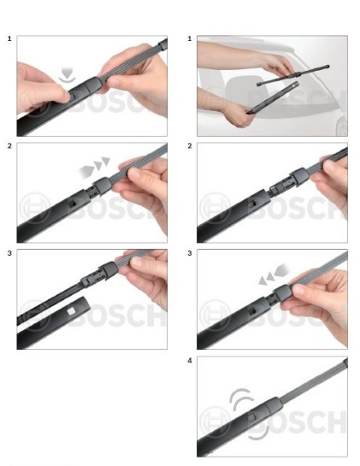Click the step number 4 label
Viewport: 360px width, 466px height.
[190, 361]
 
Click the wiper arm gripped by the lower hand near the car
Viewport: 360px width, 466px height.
[273, 97]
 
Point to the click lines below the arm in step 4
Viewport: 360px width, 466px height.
[259, 432]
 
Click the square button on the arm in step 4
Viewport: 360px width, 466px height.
[251, 417]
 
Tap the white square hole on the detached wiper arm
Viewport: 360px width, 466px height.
[71, 311]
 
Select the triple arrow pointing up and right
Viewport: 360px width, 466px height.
[94, 168]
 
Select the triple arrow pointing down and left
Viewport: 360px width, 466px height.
[274, 274]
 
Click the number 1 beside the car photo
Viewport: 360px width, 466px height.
[190, 38]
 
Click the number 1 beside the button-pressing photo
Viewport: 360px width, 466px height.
[9, 38]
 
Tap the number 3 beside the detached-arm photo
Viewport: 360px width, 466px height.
[9, 253]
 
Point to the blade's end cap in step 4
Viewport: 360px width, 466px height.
[345, 363]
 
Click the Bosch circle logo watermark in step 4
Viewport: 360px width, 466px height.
[215, 422]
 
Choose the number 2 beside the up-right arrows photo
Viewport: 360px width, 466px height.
[9, 146]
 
